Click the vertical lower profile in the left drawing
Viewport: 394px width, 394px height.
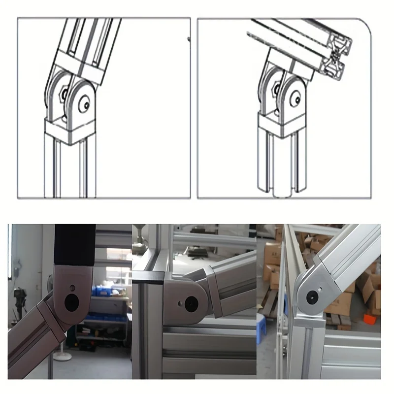(x=69, y=170)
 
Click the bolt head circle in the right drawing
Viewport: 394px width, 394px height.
(x=297, y=99)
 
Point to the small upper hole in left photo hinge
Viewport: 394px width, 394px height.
(x=72, y=287)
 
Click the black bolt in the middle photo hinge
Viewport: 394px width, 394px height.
(x=190, y=303)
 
